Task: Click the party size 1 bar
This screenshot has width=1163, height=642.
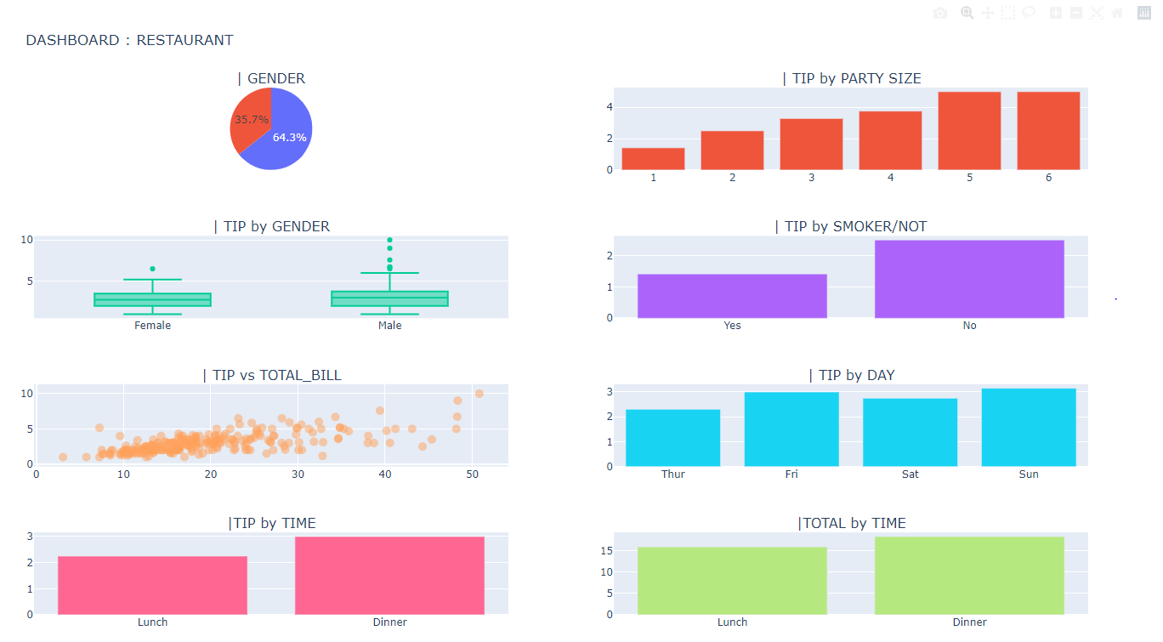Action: coord(653,159)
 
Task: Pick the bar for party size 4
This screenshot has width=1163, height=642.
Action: coord(890,140)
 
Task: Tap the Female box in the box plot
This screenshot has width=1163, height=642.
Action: coord(153,299)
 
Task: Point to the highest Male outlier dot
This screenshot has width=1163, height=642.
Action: coord(390,241)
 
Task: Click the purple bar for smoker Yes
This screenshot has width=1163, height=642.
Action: coord(732,296)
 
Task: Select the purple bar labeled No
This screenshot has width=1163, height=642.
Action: coord(969,279)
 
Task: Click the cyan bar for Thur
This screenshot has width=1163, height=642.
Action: coord(672,438)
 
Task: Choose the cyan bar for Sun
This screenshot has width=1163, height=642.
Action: coord(1029,428)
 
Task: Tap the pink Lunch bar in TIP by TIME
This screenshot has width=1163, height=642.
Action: coord(153,585)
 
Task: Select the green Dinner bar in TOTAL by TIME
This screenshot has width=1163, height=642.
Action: coord(969,576)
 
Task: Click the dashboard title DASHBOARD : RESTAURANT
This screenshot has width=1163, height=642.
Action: coord(129,40)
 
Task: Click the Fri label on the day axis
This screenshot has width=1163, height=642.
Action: coord(791,474)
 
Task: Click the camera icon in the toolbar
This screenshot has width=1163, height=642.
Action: coord(939,13)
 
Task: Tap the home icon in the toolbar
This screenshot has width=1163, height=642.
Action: coord(1117,13)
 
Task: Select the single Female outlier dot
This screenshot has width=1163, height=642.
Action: coord(153,269)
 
